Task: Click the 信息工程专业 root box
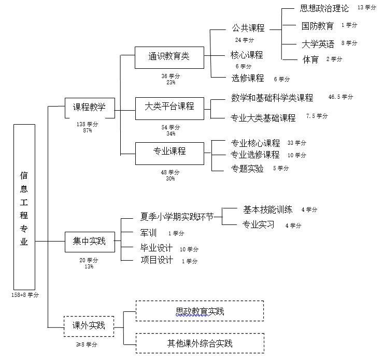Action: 24,207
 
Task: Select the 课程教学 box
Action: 89,108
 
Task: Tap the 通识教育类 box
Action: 169,57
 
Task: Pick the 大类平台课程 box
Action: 169,107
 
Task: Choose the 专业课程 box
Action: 169,152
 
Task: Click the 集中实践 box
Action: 89,241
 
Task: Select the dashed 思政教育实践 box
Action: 200,311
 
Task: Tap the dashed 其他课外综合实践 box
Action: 200,343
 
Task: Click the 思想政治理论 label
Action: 324,8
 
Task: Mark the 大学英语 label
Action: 318,44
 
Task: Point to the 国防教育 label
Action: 317,26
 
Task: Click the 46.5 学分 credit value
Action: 340,97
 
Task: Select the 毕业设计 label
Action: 157,248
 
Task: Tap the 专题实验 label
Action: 247,169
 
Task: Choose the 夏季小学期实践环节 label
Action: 177,216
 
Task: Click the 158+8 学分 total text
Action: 25,295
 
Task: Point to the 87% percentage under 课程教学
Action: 87,130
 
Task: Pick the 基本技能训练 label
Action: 267,209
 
